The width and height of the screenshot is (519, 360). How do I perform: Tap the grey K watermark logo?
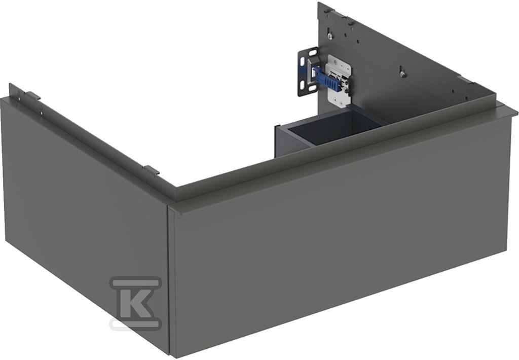click(136, 303)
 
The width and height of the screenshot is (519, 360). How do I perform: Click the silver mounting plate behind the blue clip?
click(339, 81)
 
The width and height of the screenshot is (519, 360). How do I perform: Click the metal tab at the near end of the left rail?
click(152, 170)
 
